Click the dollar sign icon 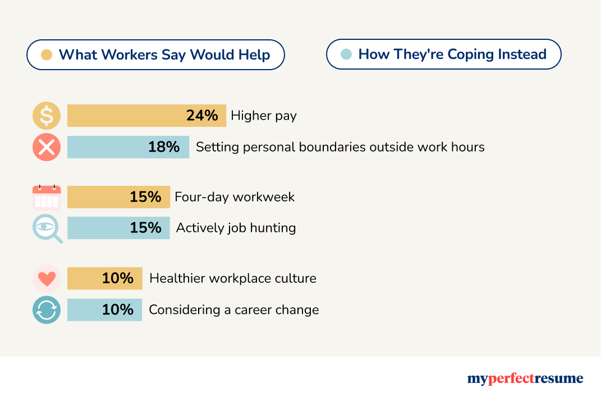pos(47,116)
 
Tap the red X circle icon pos(47,147)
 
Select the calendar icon pos(47,197)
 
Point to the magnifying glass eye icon pos(47,229)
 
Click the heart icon pos(47,278)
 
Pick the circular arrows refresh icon pos(47,309)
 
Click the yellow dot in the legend pos(47,55)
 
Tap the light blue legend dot pos(347,54)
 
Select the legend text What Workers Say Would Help pos(164,55)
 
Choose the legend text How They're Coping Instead pos(452,54)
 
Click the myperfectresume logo pos(525,379)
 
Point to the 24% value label pos(202,116)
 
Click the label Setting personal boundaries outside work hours pos(340,147)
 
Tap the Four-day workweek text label pos(235,197)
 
